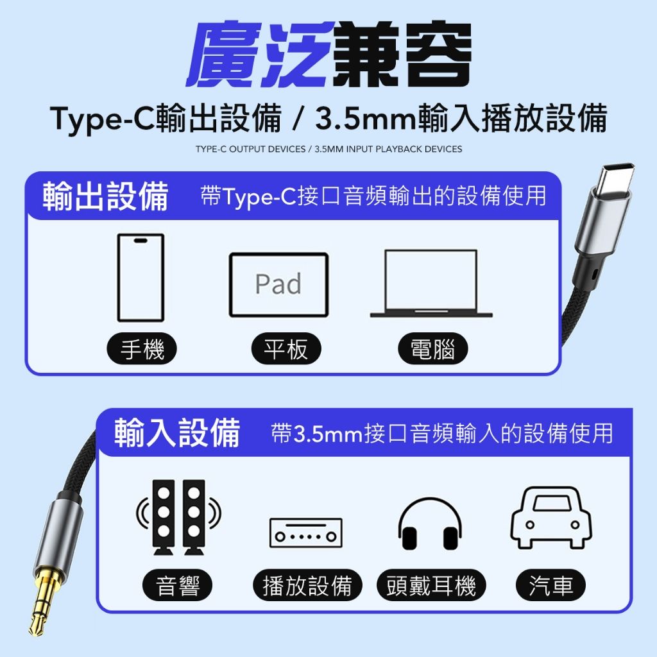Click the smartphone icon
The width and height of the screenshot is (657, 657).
(x=141, y=277)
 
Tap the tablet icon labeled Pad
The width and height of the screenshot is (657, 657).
(x=278, y=284)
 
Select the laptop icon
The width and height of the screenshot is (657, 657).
(x=431, y=284)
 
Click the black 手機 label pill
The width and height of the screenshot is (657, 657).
(x=142, y=348)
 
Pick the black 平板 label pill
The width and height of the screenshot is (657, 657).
(x=286, y=348)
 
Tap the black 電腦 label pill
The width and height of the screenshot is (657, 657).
(x=433, y=348)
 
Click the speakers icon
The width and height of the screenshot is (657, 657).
(x=178, y=518)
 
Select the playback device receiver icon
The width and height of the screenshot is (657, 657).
(x=306, y=533)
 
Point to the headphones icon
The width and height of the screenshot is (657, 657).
(x=430, y=524)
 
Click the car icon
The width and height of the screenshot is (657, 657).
(x=551, y=518)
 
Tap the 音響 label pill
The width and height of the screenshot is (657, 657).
(x=178, y=585)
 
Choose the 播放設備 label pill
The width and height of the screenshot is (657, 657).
(x=307, y=585)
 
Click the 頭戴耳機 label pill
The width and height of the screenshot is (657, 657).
(x=431, y=585)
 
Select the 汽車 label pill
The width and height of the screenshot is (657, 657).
(x=550, y=585)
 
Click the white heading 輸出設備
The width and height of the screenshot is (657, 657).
(x=106, y=196)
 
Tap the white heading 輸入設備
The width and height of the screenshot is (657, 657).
(x=177, y=433)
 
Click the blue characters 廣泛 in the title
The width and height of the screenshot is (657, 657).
(x=260, y=54)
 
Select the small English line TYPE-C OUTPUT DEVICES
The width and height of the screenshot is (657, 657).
(x=251, y=149)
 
